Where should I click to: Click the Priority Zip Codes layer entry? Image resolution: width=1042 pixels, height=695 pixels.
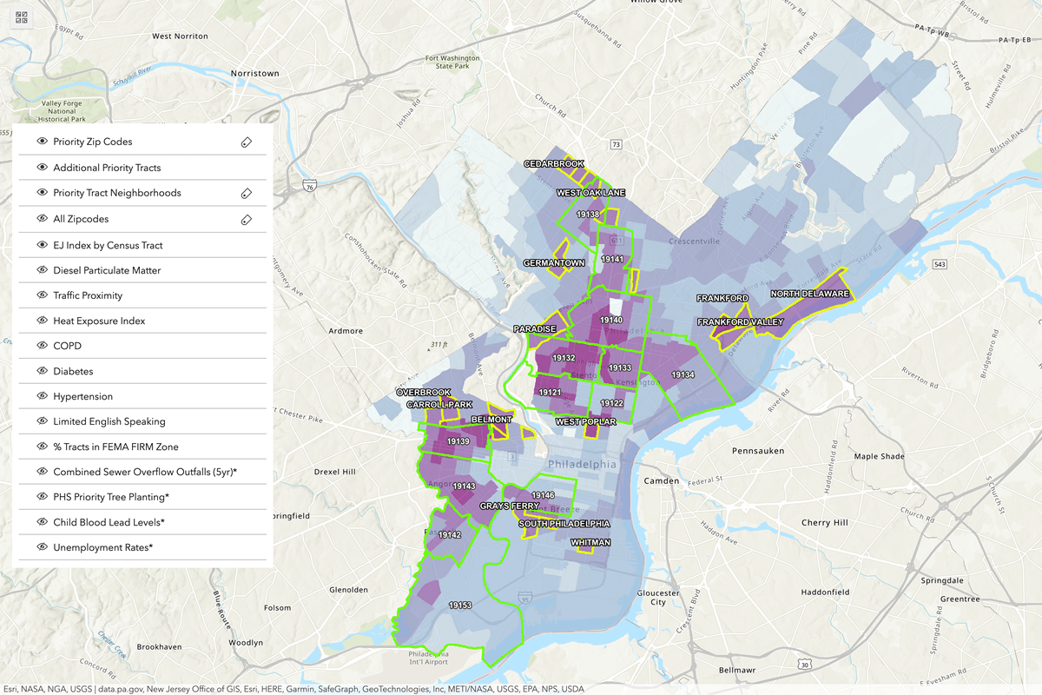(x=92, y=142)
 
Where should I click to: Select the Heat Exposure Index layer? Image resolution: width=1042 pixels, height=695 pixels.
(x=99, y=321)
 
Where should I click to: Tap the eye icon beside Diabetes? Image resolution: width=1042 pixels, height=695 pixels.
(x=42, y=371)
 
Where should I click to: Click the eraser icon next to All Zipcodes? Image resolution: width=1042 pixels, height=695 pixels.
(x=247, y=219)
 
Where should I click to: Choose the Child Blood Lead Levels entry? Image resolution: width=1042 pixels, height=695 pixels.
(x=109, y=522)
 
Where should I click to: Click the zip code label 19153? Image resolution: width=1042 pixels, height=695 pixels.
(x=460, y=605)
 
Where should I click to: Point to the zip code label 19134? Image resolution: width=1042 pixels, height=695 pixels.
(x=683, y=374)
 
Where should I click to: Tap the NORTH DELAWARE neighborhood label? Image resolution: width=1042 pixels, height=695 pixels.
(x=809, y=294)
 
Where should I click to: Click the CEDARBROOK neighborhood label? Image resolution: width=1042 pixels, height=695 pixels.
(x=554, y=163)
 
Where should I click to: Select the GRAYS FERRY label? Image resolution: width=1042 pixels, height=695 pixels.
(x=509, y=506)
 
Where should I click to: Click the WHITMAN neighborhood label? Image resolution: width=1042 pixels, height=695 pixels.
(x=590, y=543)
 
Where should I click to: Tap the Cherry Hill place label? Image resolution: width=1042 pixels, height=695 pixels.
(x=824, y=523)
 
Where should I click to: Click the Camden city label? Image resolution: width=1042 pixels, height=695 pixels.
(x=661, y=480)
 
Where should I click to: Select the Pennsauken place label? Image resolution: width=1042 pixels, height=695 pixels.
(x=758, y=451)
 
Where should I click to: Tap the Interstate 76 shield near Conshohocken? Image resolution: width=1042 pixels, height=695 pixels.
(x=310, y=186)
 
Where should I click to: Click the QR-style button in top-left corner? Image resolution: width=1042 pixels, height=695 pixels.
(x=22, y=17)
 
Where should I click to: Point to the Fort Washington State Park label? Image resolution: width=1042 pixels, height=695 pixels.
(x=452, y=63)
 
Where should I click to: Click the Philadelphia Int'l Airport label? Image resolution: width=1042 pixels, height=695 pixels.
(x=429, y=657)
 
